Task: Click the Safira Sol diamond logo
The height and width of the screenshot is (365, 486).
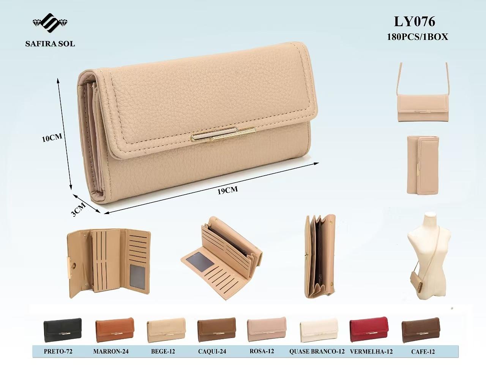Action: tap(50, 23)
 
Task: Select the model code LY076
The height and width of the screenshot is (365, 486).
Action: tap(415, 22)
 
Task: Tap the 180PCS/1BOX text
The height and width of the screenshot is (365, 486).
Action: tap(418, 37)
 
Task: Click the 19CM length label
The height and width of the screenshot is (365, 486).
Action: tap(227, 190)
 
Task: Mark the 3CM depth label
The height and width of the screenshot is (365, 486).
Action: tap(78, 209)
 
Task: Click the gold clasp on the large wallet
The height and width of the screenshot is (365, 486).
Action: tap(224, 134)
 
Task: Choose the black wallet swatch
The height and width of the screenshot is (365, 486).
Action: tap(62, 330)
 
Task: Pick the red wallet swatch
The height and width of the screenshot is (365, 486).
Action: tap(369, 329)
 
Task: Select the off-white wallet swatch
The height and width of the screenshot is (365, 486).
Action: tap(319, 330)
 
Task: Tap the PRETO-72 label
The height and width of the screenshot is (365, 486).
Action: tap(58, 351)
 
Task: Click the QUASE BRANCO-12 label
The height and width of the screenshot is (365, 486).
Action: tap(317, 351)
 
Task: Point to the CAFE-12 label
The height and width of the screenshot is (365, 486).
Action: tap(423, 351)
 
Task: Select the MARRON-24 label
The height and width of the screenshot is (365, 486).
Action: tap(111, 351)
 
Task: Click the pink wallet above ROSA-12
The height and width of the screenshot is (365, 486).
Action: tap(267, 329)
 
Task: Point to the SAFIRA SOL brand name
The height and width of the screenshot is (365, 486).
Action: tap(50, 44)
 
